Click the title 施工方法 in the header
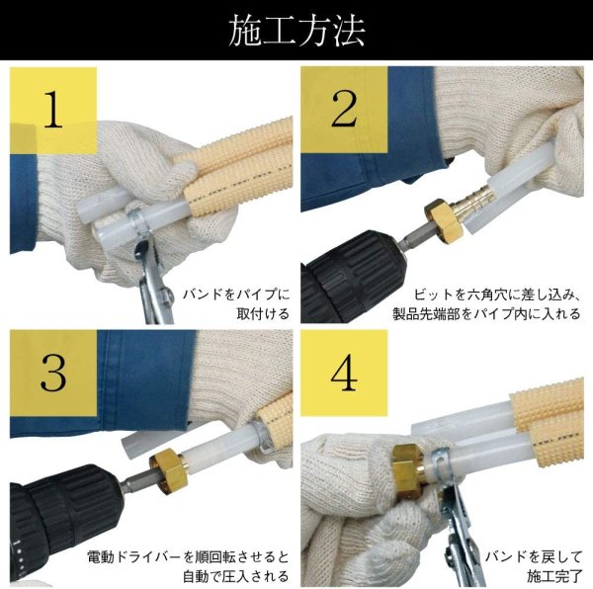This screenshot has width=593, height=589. (296, 31)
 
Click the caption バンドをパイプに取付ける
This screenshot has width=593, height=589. (234, 304)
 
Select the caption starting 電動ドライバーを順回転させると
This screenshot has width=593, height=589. (188, 565)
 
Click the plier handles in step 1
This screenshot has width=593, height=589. (153, 296)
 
